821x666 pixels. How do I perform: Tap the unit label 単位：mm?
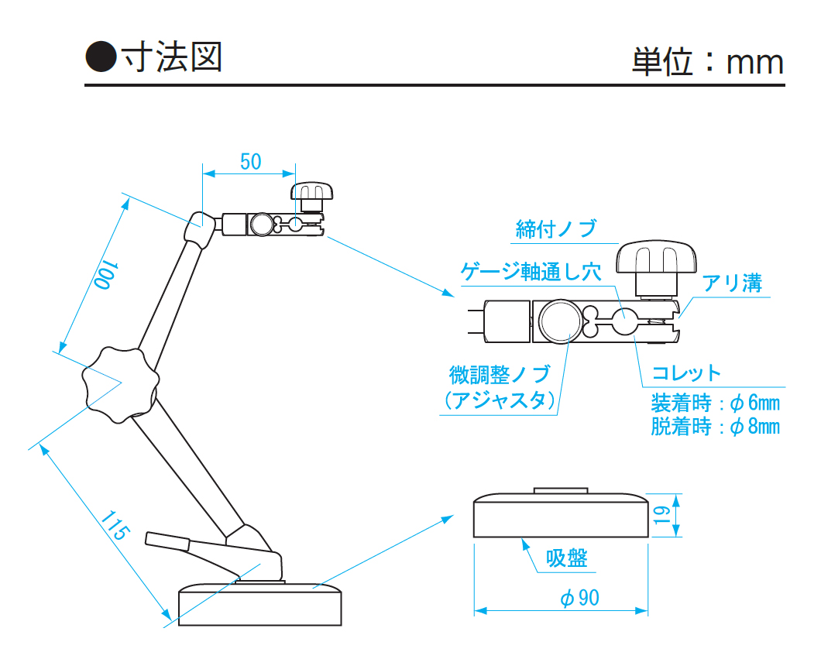pyautogui.click(x=707, y=62)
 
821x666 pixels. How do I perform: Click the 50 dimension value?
pyautogui.click(x=250, y=162)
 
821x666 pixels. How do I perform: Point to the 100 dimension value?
pyautogui.click(x=105, y=275)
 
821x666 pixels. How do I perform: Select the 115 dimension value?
pyautogui.click(x=113, y=527)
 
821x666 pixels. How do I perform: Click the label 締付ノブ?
pyautogui.click(x=556, y=229)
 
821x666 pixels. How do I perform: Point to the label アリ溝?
pyautogui.click(x=732, y=283)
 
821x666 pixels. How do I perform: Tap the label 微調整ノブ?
pyautogui.click(x=500, y=375)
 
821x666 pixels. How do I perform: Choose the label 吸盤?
pyautogui.click(x=567, y=558)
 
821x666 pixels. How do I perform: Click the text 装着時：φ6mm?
pyautogui.click(x=715, y=403)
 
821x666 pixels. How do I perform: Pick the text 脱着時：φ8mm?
pyautogui.click(x=715, y=427)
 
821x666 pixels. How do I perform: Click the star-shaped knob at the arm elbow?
pyautogui.click(x=120, y=385)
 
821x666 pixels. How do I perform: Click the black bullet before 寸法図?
pyautogui.click(x=101, y=57)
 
